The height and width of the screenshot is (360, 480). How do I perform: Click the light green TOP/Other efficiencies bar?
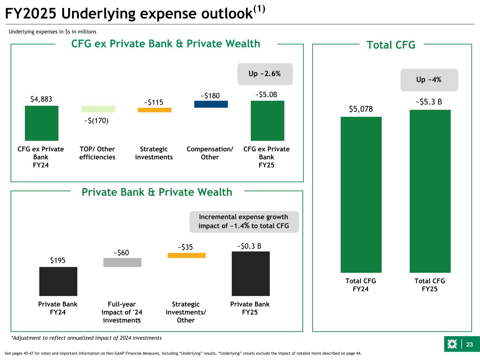98,109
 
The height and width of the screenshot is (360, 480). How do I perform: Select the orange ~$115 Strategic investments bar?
154,110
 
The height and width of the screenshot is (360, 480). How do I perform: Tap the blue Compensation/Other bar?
211,104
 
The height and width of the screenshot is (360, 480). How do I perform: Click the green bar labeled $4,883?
41,123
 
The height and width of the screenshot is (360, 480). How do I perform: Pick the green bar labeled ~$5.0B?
267,121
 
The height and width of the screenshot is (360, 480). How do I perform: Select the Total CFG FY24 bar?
361,194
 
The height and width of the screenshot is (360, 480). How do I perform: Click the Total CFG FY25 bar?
430,191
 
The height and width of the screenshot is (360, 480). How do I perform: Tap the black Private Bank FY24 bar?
58,281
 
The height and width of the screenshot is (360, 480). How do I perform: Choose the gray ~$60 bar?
122,262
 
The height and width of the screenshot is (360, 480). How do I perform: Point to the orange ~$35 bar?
186,256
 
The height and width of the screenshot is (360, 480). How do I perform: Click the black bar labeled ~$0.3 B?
250,274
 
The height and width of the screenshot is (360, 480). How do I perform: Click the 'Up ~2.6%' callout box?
265,74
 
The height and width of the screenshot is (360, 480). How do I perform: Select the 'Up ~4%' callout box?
429,80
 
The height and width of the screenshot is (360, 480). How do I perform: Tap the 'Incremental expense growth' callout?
244,221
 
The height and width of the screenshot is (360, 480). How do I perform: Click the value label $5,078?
360,109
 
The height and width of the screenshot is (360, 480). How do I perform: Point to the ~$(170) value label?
96,121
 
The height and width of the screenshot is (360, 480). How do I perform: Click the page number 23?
469,345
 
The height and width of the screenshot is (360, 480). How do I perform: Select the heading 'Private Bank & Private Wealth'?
157,192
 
